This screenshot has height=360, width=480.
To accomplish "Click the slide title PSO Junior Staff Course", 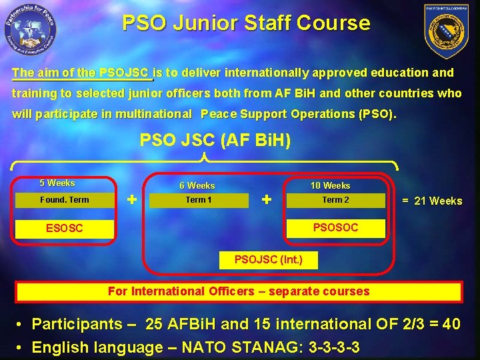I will (x=246, y=23).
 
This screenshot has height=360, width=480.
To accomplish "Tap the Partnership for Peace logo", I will (x=29, y=29).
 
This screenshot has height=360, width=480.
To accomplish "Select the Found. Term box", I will (x=64, y=200).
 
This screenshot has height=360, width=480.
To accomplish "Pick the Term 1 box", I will (x=198, y=200).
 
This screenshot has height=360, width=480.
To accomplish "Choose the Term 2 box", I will (x=335, y=200).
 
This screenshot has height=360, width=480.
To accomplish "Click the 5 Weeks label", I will (x=57, y=183).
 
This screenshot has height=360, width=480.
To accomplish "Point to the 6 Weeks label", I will (x=197, y=186).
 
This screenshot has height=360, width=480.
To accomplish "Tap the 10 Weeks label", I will (x=330, y=186).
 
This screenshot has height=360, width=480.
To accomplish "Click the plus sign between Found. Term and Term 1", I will (x=132, y=199).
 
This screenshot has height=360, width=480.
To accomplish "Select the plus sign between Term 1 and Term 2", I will (x=267, y=199).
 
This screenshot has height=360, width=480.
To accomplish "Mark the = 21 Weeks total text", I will (x=431, y=201).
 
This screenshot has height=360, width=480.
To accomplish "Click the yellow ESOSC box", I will (x=65, y=229).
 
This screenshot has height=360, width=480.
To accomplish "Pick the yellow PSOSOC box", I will (x=335, y=228).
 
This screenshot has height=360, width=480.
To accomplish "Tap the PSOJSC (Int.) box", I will (x=268, y=259).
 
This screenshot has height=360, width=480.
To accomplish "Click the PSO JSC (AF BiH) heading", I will (x=215, y=141).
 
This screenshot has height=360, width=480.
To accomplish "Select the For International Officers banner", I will (x=238, y=291).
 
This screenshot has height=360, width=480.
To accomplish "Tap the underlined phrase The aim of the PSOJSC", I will (x=82, y=73).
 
